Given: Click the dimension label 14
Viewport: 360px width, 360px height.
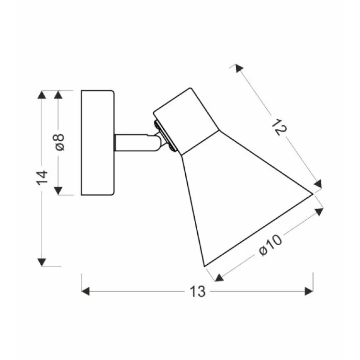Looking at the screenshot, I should [43, 178].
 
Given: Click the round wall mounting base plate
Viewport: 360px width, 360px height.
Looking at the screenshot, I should [98, 143].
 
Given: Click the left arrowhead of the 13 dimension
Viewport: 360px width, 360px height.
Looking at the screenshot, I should [86, 291].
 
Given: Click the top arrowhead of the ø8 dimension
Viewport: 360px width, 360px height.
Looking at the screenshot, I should [58, 94].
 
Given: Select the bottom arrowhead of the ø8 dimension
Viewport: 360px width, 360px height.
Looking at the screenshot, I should [58, 191].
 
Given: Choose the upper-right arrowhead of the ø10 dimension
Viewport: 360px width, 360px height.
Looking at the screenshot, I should [319, 211].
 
